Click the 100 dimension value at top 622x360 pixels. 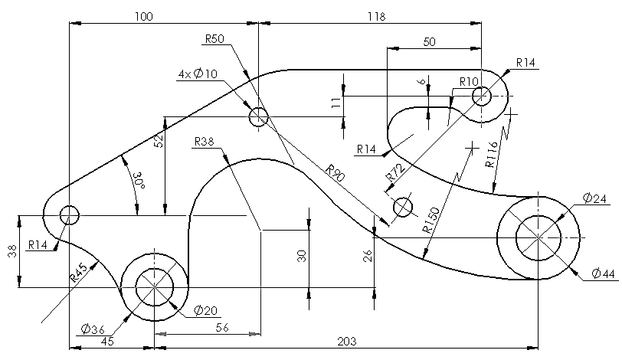[143, 17]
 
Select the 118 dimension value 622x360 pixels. [376, 17]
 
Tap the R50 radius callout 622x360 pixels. [214, 39]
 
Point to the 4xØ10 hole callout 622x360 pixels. [198, 74]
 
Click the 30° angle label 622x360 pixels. [139, 181]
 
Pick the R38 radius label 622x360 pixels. [205, 142]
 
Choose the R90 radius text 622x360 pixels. [336, 173]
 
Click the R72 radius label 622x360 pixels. [396, 173]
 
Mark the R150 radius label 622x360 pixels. [430, 220]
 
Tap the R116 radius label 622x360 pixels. [491, 155]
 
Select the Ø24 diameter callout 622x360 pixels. [594, 198]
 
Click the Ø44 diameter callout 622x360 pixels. [603, 273]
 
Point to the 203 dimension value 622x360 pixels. [347, 342]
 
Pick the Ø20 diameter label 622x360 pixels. [205, 310]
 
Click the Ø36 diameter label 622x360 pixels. [93, 329]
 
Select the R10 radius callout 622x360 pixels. [470, 82]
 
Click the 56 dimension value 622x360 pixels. [222, 328]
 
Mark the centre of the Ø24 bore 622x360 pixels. [539, 237]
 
